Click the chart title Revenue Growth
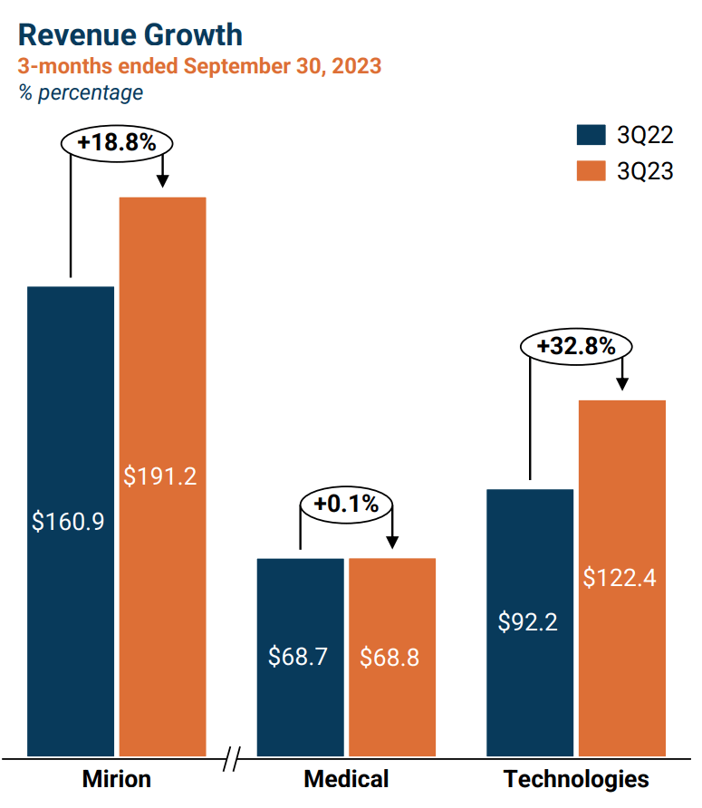tap(130, 34)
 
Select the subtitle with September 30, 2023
tap(199, 66)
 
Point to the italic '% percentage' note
tap(81, 92)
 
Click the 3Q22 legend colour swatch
tap(591, 135)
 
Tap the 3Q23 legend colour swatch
tap(591, 170)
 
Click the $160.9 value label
tap(70, 522)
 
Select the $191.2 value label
tap(161, 476)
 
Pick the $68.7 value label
tap(299, 657)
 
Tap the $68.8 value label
tap(390, 657)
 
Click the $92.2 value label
tap(529, 623)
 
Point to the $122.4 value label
tap(620, 578)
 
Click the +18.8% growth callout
tap(116, 143)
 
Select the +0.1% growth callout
tap(346, 504)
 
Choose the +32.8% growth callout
tap(575, 346)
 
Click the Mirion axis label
tap(117, 779)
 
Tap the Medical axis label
tap(346, 779)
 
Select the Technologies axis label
tap(576, 779)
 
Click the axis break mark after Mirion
tap(232, 758)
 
